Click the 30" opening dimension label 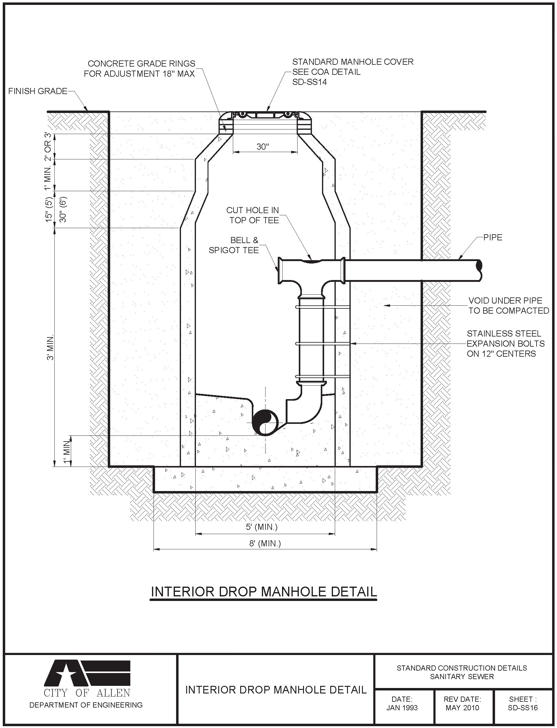coord(262,147)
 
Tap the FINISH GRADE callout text coord(38,91)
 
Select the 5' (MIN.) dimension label coord(262,527)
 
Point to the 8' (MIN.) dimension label coord(265,543)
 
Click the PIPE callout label coord(493,238)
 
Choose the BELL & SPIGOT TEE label coord(234,245)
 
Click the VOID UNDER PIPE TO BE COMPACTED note coord(508,306)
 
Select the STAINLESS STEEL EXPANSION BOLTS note coord(505,344)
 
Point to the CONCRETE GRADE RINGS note coord(139,69)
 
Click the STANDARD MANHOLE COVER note coord(353,72)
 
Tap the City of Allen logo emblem coord(87,672)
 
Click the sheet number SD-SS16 coord(523,708)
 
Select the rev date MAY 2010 coord(462,708)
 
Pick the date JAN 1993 coord(402,708)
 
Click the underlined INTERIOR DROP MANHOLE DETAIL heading coord(264,592)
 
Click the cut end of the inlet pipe coord(479,266)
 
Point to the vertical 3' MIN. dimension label coord(50,348)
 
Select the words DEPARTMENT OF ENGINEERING coord(86,705)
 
